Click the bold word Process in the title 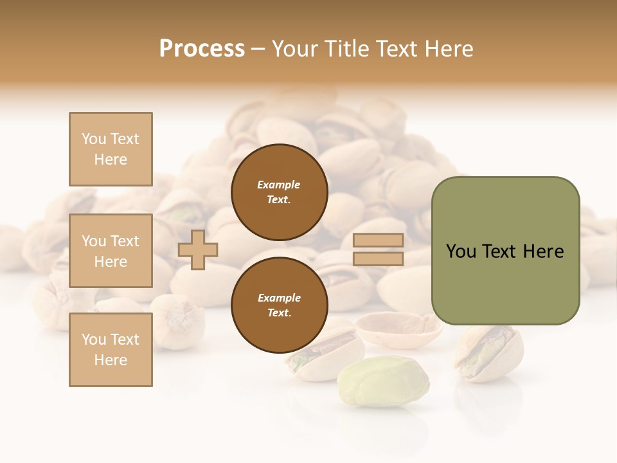tap(202, 48)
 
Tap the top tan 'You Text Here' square tap(111, 149)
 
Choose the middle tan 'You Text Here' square tap(111, 251)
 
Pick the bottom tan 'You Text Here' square tap(111, 350)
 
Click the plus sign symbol tap(198, 250)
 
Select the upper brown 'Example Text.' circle tap(279, 192)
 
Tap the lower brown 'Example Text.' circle tap(279, 305)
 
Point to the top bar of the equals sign tap(379, 240)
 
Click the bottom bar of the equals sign tap(379, 259)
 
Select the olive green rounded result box tap(505, 251)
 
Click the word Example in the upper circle tap(279, 185)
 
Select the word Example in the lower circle tap(279, 298)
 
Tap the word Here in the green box tap(544, 251)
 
